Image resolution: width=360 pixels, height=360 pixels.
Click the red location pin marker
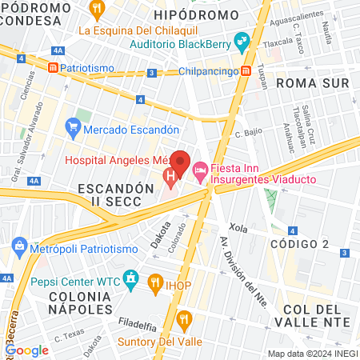tap(180, 164)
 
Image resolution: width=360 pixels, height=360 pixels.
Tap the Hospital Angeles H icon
tap(170, 175)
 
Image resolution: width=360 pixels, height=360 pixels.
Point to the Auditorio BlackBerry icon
tap(242, 39)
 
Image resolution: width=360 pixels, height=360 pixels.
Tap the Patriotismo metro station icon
tap(53, 69)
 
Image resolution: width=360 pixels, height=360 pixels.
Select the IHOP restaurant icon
tap(155, 281)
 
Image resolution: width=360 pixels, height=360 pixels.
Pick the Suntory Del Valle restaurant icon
tap(186, 321)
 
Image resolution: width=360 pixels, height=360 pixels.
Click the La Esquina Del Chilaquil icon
tap(98, 10)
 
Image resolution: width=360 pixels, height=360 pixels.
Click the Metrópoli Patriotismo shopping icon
tap(19, 250)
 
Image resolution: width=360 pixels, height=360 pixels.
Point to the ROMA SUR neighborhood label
tap(302, 82)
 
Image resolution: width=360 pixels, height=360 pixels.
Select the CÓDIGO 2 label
tap(300, 243)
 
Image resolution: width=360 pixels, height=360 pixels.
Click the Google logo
tap(26, 350)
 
